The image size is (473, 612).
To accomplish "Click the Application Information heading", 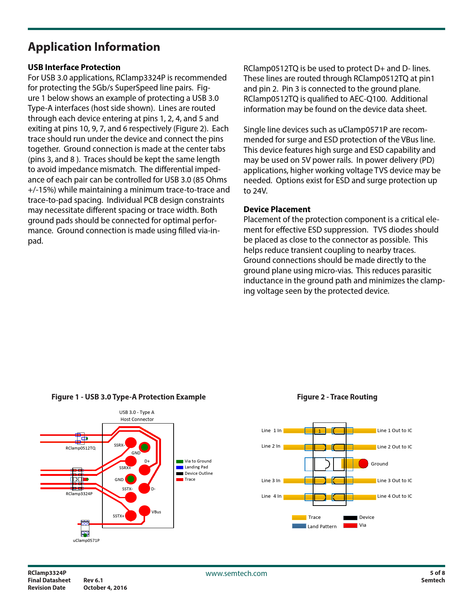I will (x=94, y=47).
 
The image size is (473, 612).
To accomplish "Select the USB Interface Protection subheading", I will (x=74, y=67).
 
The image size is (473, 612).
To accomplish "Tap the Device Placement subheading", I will (x=277, y=209).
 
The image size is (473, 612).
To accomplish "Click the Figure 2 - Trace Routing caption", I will (x=337, y=397).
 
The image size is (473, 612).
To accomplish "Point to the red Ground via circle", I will (x=363, y=463).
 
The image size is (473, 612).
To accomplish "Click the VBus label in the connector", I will (x=156, y=512).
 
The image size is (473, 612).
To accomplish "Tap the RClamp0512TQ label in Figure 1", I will (x=81, y=448).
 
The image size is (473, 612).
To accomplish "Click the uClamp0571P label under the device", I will (x=86, y=540).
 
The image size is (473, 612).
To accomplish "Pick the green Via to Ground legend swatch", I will (x=180, y=461).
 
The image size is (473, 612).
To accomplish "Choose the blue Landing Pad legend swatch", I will (x=180, y=467).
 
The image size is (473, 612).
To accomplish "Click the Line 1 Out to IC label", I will (x=394, y=431).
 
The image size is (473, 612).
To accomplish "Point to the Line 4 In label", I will (x=271, y=496).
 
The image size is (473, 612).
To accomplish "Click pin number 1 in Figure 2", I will (x=319, y=431).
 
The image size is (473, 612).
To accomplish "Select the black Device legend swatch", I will (x=350, y=518).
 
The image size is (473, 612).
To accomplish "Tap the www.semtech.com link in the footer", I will (x=236, y=573).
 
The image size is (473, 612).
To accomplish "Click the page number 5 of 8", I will (x=437, y=573).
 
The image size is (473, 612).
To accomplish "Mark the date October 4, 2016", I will (x=105, y=588).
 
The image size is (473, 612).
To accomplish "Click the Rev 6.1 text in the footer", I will (x=93, y=580).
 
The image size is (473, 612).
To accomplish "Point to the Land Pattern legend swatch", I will (x=299, y=526).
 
